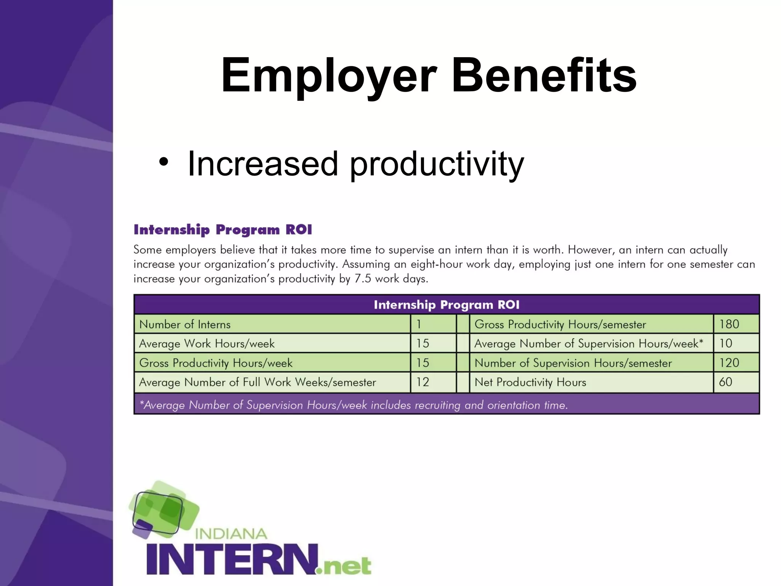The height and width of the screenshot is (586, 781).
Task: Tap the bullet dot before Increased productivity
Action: pos(164,162)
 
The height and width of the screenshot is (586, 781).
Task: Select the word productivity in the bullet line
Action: pos(437,164)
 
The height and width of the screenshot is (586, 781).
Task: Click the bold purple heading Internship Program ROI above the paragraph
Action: pos(223,230)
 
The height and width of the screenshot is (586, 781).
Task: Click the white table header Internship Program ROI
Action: pos(446,304)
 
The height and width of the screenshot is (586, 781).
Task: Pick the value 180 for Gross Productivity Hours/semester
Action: pos(729,324)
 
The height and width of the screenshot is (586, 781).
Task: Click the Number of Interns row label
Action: pos(185,325)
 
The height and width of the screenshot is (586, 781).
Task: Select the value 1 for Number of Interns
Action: pos(419,324)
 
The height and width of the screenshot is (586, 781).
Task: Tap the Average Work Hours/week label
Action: pos(207,344)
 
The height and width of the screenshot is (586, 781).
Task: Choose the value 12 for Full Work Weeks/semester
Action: pos(422,382)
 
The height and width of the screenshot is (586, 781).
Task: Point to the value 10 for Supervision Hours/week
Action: pos(725,343)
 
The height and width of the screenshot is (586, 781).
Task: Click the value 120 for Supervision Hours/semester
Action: pos(729,363)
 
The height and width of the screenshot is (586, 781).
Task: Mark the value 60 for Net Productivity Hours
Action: pos(725,382)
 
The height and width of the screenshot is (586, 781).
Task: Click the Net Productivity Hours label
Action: pos(530,382)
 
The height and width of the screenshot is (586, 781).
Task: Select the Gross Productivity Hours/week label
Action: pos(216,363)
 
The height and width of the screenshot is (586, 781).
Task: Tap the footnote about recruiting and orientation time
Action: pos(354,405)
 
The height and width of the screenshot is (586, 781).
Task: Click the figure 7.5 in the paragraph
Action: pos(362,279)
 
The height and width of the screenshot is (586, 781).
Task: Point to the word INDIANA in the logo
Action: pos(231,533)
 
